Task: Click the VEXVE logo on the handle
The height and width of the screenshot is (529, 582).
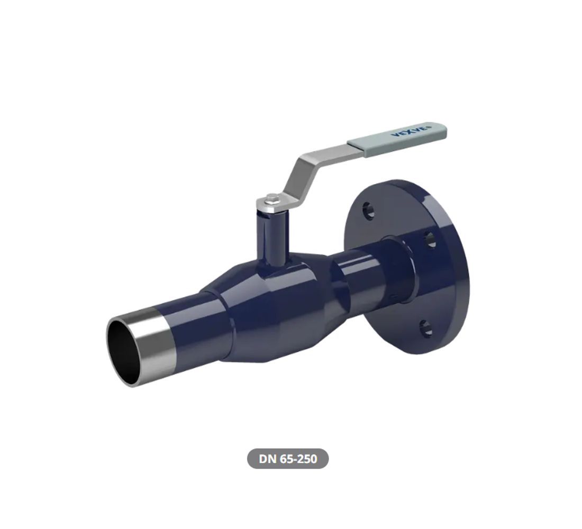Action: pos(412,131)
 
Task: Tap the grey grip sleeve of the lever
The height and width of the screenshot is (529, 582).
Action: pos(397,135)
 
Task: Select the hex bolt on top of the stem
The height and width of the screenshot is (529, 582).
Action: pos(271,198)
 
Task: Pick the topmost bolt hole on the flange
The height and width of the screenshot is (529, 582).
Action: pos(369,211)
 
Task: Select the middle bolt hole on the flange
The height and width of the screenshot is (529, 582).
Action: pos(431,239)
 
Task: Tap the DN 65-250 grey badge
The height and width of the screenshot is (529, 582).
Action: pos(288,459)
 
